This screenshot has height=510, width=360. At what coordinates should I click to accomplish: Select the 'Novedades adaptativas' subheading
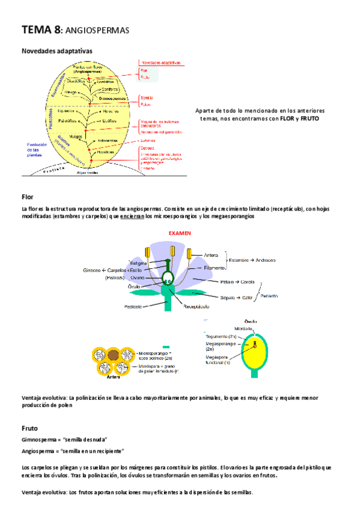[x=56, y=51]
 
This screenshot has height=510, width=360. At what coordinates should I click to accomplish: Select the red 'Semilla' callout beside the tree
[x=147, y=96]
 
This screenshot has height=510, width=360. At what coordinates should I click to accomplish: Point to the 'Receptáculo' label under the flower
[x=196, y=306]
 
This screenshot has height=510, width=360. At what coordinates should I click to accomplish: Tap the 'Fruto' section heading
[x=30, y=429]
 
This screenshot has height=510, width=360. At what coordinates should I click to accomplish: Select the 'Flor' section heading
[x=28, y=197]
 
